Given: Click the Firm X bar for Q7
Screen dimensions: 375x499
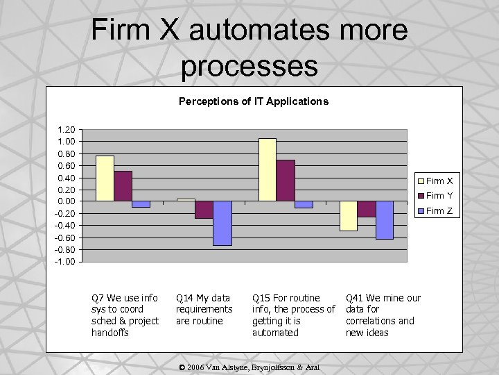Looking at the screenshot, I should click(x=105, y=178).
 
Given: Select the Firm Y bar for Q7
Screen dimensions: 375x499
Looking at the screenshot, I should click(x=123, y=186).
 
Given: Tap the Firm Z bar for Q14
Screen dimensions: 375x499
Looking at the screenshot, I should click(x=222, y=223).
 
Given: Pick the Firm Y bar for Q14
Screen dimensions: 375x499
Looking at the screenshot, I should click(x=204, y=210).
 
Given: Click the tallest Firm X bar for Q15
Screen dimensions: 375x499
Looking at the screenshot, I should click(x=268, y=169).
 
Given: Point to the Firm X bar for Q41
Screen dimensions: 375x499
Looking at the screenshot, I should click(x=348, y=216).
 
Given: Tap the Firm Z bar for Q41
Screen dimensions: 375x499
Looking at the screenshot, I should click(x=385, y=220).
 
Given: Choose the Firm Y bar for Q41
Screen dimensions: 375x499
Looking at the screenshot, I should click(x=366, y=209).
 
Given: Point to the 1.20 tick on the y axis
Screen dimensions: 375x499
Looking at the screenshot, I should click(x=67, y=130).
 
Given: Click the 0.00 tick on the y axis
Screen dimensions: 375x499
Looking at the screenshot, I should click(x=67, y=201).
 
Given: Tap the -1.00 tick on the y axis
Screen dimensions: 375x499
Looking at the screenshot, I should click(x=67, y=262).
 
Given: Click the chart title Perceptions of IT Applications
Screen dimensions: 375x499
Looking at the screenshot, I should click(x=253, y=101).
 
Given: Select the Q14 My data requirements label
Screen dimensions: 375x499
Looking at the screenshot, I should click(x=204, y=310).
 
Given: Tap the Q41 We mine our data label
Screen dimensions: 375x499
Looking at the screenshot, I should click(x=383, y=315).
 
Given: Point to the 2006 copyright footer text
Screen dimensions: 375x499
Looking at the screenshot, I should click(x=253, y=366).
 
